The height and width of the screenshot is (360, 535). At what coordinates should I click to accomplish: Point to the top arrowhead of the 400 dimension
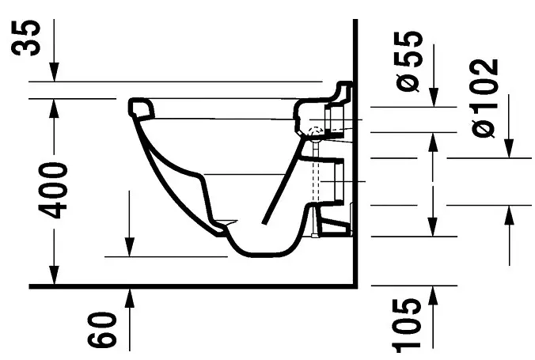click(x=53, y=107)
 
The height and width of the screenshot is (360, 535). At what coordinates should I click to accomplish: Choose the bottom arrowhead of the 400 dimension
click(x=53, y=276)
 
